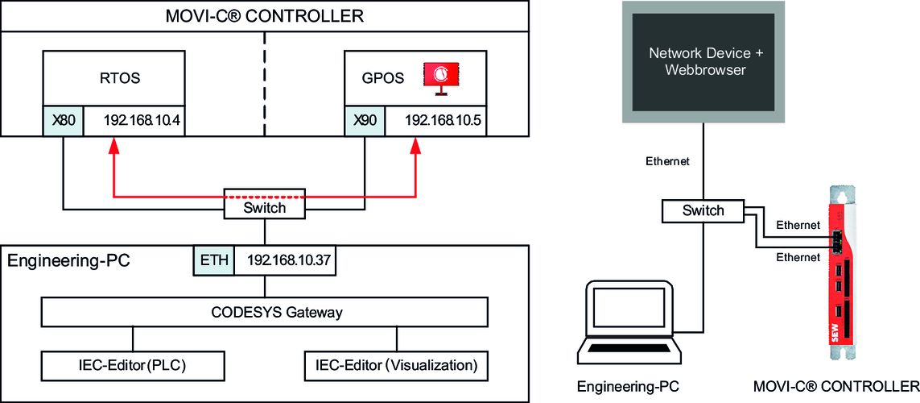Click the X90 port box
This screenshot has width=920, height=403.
pos(365,121)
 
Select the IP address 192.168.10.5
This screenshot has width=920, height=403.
pos(437,121)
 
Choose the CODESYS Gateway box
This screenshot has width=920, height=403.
pos(264,312)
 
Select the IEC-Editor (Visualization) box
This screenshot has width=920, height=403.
pos(396,365)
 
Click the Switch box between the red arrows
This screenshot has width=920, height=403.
pos(264,207)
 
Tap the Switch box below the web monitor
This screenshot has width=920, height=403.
pos(703,211)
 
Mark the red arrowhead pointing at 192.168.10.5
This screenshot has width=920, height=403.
pos(416,146)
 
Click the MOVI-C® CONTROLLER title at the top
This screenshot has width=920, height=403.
pos(264,15)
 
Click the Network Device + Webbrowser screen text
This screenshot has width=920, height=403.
pos(704,62)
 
